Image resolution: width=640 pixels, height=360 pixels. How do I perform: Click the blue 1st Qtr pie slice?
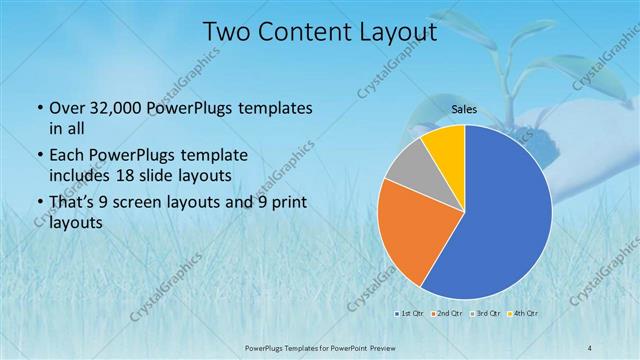[x=500, y=220]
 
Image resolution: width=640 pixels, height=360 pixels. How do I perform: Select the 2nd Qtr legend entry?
[x=447, y=314]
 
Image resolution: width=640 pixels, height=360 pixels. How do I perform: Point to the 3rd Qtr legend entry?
[x=486, y=314]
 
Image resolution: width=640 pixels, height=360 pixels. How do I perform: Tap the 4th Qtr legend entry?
[x=524, y=314]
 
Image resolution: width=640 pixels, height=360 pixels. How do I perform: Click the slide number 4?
[x=590, y=346]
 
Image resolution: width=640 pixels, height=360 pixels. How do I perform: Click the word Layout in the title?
[x=391, y=32]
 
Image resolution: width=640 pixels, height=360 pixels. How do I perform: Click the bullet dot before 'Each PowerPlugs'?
[x=38, y=157]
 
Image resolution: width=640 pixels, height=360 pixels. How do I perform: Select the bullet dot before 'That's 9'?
[x=38, y=205]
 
